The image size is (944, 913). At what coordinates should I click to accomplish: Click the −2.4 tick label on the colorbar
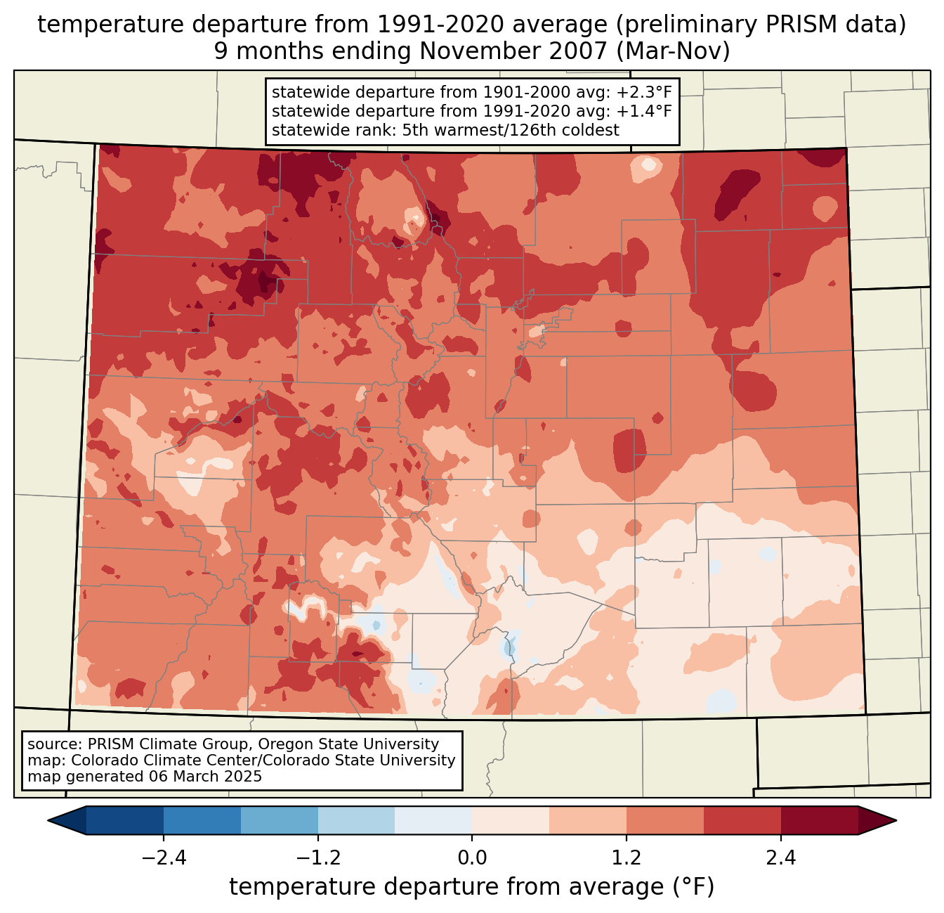pos(164,858)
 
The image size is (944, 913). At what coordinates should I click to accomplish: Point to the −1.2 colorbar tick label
pos(317,858)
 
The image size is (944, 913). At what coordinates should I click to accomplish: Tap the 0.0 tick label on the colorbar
pos(472,858)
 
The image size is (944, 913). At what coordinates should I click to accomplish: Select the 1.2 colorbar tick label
pos(627,858)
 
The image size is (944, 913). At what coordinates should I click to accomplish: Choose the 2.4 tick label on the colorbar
pos(781,858)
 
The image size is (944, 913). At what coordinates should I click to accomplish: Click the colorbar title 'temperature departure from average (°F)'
pos(472,887)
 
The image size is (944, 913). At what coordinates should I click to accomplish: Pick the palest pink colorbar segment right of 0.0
pos(511,820)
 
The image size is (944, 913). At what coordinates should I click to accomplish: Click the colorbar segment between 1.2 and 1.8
pos(665,820)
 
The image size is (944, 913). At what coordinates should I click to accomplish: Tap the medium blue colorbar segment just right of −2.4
pos(202,820)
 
